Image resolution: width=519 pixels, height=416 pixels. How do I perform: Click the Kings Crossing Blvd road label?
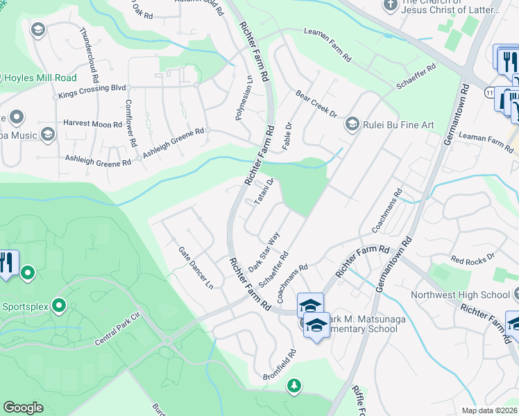[92, 89]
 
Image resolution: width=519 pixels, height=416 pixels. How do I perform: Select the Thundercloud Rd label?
[94, 51]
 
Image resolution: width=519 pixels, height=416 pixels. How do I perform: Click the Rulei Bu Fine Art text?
[399, 125]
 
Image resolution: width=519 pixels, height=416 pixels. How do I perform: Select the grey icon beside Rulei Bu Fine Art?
[352, 125]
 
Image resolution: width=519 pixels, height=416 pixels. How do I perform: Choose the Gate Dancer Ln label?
[194, 268]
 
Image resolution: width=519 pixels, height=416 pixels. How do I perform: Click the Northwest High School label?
[470, 295]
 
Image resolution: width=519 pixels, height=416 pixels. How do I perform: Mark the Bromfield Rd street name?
[280, 363]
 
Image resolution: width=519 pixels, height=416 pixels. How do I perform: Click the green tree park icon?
[295, 385]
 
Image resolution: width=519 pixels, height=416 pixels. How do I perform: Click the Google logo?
[23, 408]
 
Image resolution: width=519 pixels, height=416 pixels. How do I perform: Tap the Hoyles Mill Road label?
[40, 78]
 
